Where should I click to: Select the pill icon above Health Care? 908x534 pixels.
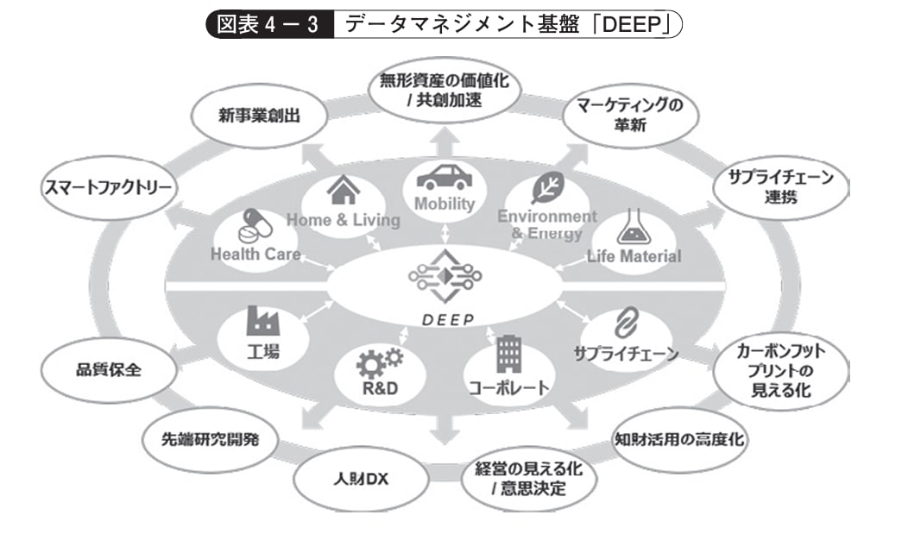coord(252,225)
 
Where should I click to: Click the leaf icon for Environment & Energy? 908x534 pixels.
coord(546,188)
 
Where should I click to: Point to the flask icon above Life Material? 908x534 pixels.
coord(632,229)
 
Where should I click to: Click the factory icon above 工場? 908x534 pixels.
coord(262,321)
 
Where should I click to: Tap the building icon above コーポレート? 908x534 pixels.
coord(508,354)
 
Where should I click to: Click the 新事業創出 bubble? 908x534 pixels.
coord(258,116)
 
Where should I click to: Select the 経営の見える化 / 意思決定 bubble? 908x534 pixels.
coord(519,481)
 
